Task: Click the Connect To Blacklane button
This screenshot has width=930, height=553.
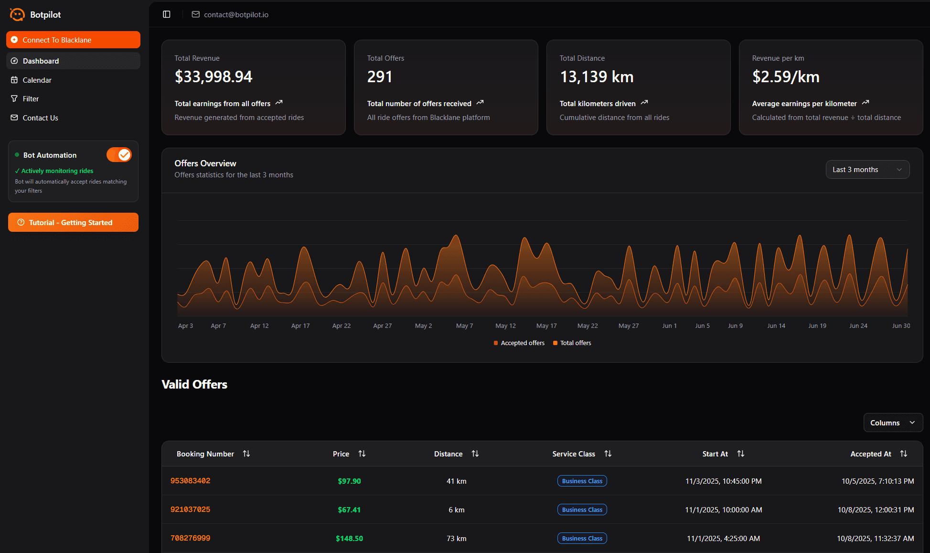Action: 73,40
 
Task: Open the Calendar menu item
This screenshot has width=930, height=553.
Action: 37,80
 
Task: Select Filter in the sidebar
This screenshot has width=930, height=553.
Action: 31,99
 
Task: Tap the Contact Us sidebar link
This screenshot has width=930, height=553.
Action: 40,118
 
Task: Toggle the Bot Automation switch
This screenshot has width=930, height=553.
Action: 119,155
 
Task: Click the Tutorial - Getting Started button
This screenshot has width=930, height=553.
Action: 73,222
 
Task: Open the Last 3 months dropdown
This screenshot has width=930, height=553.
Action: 867,170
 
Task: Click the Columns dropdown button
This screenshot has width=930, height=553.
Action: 892,423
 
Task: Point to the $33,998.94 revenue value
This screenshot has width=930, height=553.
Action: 214,76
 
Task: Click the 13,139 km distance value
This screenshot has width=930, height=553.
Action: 597,76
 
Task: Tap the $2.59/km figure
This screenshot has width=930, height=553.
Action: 786,76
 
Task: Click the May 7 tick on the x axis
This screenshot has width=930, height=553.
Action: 464,326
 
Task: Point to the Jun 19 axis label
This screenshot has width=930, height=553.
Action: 817,326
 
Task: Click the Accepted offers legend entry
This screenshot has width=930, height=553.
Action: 519,343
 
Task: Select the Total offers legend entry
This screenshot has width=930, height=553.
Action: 572,343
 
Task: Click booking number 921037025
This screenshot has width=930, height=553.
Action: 190,510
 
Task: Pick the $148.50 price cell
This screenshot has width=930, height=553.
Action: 349,538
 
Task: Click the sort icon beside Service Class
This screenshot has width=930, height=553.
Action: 608,454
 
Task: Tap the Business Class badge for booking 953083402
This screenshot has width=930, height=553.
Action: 582,481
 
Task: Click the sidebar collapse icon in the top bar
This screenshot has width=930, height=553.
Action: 167,14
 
